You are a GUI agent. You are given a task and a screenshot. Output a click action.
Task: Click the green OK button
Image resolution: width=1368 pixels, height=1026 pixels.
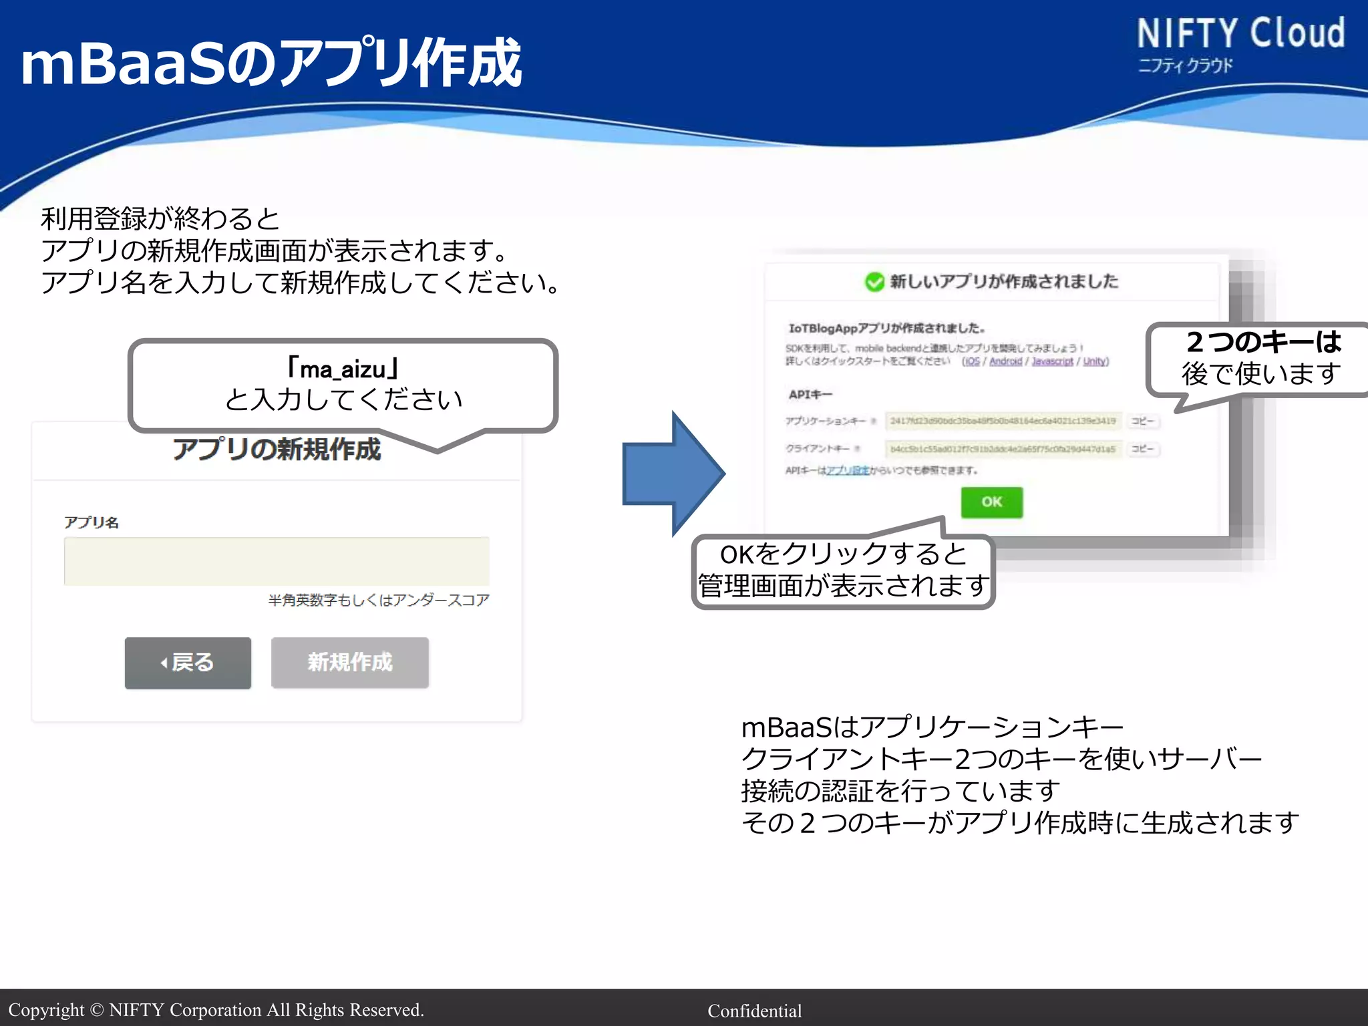point(991,502)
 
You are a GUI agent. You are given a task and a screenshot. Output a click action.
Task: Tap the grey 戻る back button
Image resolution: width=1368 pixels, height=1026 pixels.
point(188,663)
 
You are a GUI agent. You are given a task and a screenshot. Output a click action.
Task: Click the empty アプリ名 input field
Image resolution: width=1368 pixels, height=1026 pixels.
point(277,561)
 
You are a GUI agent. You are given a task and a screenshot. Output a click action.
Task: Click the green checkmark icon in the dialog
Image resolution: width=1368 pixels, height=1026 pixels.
point(874,282)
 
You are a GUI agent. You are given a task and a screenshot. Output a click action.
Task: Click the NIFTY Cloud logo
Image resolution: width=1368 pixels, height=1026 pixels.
point(1240,43)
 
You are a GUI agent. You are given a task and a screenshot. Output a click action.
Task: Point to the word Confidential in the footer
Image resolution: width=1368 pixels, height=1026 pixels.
point(754,1011)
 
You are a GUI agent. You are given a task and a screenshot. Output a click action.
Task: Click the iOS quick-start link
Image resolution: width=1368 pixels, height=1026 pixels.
point(971,361)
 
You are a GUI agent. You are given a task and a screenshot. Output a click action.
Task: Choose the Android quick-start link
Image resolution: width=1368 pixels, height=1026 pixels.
point(1005,361)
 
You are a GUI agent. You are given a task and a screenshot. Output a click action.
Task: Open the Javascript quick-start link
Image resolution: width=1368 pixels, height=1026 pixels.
point(1052,361)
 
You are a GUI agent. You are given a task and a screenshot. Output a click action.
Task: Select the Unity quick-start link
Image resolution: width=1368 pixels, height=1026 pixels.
point(1094,361)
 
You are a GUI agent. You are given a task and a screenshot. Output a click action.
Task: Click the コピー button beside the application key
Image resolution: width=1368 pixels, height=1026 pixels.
point(1142,421)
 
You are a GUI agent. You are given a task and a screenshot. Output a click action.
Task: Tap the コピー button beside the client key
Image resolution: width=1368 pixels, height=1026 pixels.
point(1142,449)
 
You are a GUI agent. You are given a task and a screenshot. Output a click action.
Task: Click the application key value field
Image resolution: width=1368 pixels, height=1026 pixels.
point(1003,421)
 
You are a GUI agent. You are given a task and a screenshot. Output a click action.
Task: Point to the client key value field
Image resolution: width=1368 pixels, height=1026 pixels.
point(1003,450)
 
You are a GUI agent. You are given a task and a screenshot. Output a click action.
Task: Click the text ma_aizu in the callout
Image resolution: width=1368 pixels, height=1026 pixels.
point(343,369)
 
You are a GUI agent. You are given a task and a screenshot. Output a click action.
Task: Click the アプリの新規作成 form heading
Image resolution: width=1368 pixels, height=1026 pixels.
point(277,450)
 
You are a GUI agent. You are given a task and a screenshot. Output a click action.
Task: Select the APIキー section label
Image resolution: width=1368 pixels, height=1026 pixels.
point(810,395)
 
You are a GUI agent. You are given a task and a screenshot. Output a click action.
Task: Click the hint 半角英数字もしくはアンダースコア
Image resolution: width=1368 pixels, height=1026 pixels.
point(379,601)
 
